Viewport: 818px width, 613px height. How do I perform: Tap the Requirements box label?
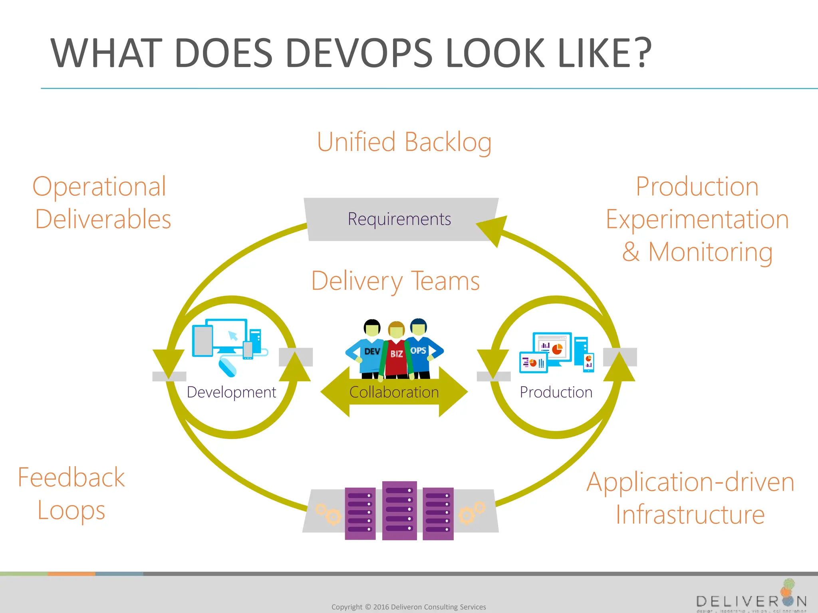pyautogui.click(x=399, y=219)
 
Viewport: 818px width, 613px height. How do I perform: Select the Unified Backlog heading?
pyautogui.click(x=404, y=142)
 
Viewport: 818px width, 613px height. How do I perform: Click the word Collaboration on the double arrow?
pyautogui.click(x=394, y=392)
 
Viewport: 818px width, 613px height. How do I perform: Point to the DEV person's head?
pyautogui.click(x=372, y=328)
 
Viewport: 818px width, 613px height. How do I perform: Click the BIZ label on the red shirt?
pyautogui.click(x=396, y=354)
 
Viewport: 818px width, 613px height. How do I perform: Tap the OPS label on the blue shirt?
pyautogui.click(x=418, y=350)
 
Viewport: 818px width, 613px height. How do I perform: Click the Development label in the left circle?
pyautogui.click(x=231, y=392)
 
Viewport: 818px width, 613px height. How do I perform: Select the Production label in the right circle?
pyautogui.click(x=556, y=392)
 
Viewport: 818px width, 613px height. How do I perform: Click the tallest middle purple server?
pyautogui.click(x=399, y=510)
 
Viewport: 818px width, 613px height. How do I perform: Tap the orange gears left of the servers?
pyautogui.click(x=328, y=514)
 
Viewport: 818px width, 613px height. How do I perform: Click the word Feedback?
pyautogui.click(x=71, y=478)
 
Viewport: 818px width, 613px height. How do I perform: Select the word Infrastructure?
pyautogui.click(x=690, y=515)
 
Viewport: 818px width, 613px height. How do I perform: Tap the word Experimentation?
pyautogui.click(x=697, y=219)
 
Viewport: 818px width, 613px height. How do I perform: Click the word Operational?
pyautogui.click(x=99, y=186)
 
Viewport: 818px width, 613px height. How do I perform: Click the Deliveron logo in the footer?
pyautogui.click(x=751, y=599)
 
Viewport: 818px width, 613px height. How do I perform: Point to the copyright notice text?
pyautogui.click(x=409, y=607)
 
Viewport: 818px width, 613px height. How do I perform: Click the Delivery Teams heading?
pyautogui.click(x=395, y=281)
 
